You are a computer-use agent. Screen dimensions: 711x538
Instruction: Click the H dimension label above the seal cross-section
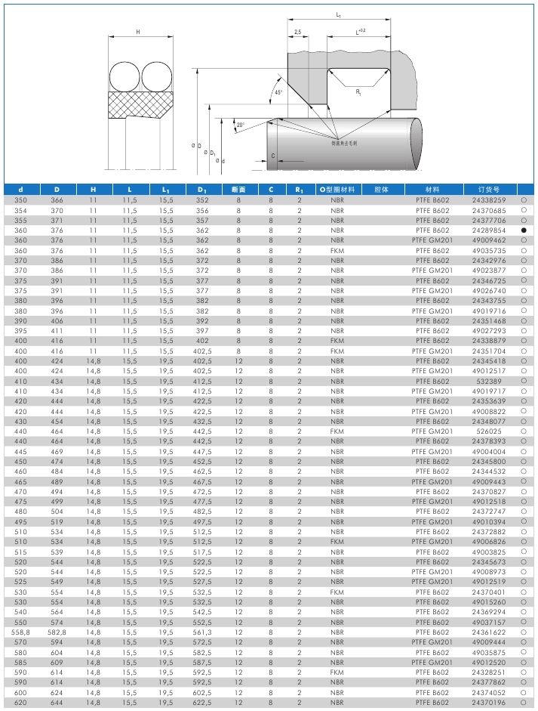138,32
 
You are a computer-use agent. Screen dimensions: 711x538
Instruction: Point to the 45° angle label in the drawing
278,92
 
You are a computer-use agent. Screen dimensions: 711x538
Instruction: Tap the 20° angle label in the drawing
239,125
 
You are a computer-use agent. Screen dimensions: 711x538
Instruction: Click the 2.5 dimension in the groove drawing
298,32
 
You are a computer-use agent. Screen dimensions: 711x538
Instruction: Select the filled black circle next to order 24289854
523,230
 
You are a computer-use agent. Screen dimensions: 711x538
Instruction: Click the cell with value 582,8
57,632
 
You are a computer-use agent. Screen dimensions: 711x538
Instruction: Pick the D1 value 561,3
202,632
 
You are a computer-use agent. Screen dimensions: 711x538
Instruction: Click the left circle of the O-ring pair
124,77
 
